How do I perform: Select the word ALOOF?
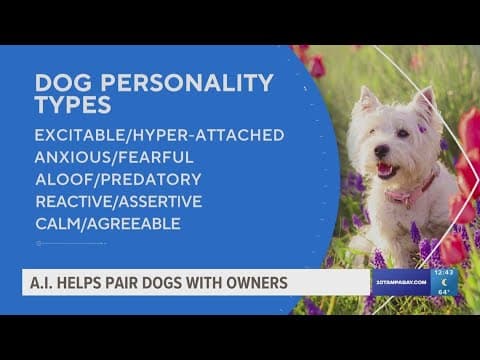(x=61, y=179)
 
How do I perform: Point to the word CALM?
(x=57, y=223)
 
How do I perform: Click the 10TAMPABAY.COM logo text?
(x=402, y=282)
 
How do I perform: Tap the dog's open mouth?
(x=385, y=169)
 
